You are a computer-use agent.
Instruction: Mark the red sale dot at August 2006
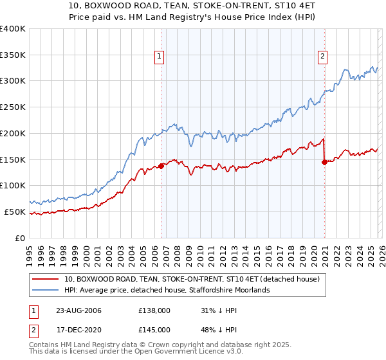pyautogui.click(x=161, y=165)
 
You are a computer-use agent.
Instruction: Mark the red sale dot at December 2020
pyautogui.click(x=324, y=162)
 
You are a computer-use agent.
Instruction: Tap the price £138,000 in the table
pyautogui.click(x=154, y=310)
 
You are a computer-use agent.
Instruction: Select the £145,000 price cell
pyautogui.click(x=154, y=330)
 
